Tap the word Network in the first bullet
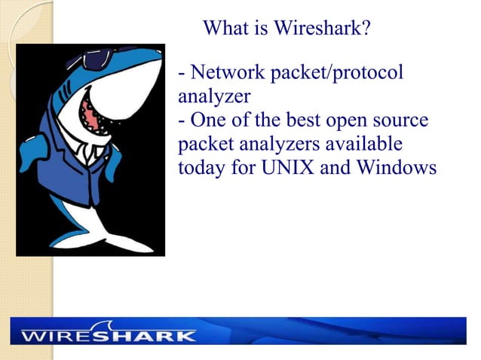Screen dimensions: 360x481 click(x=229, y=73)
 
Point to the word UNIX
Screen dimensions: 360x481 click(x=283, y=166)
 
